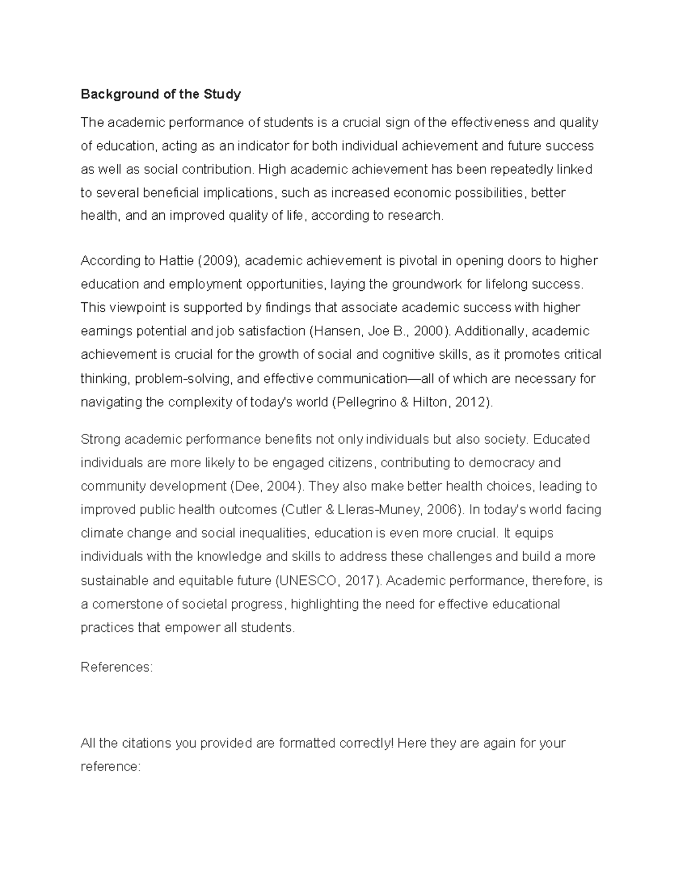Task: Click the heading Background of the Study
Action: (161, 94)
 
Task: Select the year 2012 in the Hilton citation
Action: (469, 402)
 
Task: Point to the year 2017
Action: (360, 581)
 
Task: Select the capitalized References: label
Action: (117, 667)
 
